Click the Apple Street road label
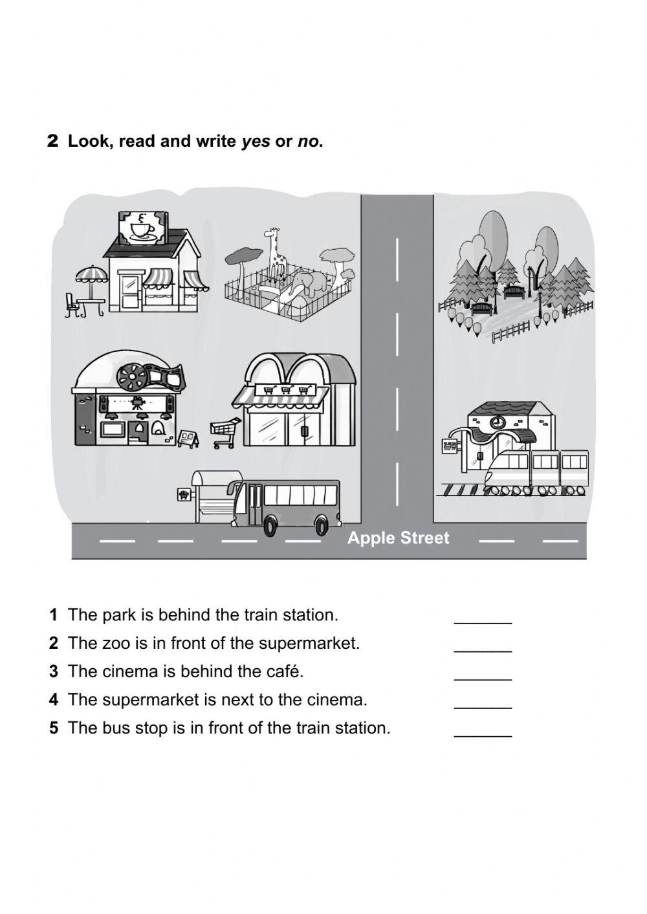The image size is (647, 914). [398, 538]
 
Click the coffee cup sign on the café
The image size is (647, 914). [140, 228]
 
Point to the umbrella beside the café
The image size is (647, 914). [91, 276]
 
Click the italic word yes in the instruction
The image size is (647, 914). [256, 142]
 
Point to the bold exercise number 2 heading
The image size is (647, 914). [53, 142]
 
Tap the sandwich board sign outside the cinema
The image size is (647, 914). [188, 439]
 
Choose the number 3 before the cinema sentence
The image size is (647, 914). [54, 672]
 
